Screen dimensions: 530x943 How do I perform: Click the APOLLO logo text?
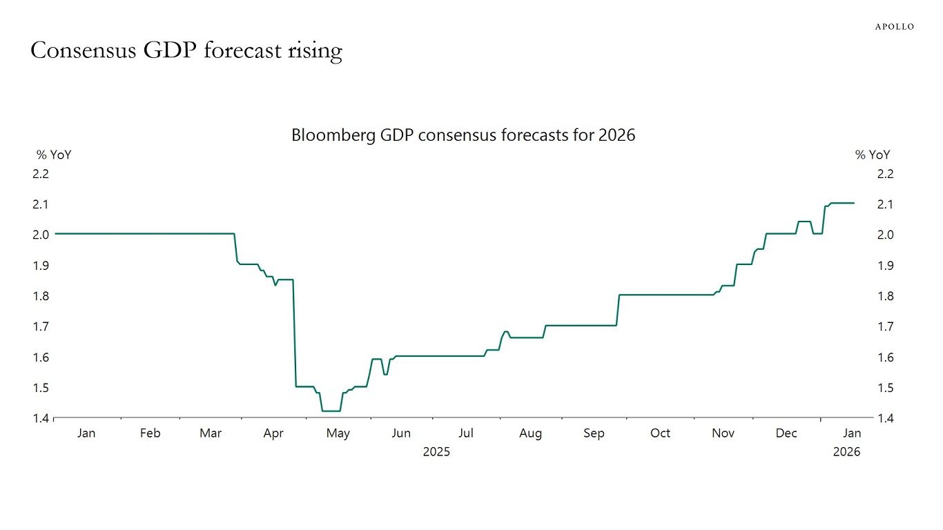click(894, 26)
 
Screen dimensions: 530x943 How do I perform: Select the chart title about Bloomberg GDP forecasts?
click(463, 135)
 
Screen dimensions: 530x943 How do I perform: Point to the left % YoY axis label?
click(54, 155)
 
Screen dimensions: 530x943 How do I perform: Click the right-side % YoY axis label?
click(873, 155)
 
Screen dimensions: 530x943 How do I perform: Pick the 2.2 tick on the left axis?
click(41, 174)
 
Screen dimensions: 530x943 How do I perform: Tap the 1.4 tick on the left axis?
click(41, 418)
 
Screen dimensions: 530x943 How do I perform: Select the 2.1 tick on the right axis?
click(885, 204)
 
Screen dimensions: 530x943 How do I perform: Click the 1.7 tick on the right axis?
click(885, 326)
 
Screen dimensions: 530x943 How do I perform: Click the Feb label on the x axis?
click(150, 433)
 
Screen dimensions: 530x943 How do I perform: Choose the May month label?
click(338, 433)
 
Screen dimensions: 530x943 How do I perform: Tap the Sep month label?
click(594, 433)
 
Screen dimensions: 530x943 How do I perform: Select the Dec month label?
click(786, 433)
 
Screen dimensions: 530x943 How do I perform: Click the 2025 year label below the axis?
click(436, 452)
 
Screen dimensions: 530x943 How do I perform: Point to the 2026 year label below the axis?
click(846, 452)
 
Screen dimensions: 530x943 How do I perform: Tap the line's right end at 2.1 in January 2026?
click(854, 203)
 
